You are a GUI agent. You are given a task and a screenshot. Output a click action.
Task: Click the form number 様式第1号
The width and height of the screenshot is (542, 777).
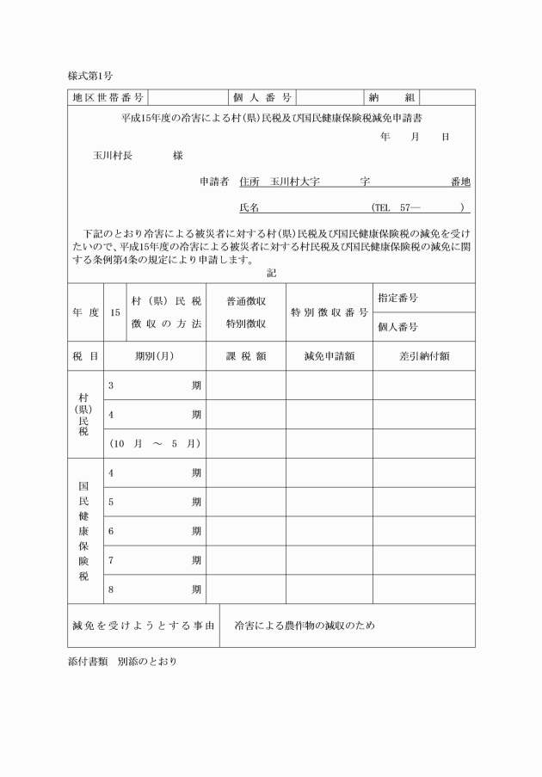click(x=89, y=77)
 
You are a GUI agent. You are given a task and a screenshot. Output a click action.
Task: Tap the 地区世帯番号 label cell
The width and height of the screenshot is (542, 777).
click(x=108, y=98)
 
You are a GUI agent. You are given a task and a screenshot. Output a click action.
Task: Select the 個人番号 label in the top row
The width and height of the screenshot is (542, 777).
click(x=262, y=98)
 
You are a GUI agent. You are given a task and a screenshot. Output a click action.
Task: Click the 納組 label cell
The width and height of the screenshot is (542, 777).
click(x=392, y=98)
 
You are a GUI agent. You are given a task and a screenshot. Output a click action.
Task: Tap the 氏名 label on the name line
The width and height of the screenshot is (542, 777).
click(x=249, y=207)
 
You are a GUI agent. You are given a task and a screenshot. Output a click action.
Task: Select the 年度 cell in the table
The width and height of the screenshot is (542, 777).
click(x=86, y=312)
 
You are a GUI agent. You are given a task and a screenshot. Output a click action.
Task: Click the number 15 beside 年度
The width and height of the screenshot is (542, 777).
click(x=115, y=312)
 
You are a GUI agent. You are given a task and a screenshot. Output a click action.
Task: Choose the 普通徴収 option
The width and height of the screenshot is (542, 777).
click(x=245, y=301)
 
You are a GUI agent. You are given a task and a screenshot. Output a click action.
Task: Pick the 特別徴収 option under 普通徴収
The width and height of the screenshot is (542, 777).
click(x=245, y=324)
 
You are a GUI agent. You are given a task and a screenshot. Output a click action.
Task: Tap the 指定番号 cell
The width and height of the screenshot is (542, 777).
click(x=397, y=298)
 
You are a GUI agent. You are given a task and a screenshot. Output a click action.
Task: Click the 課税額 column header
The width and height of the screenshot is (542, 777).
click(x=245, y=355)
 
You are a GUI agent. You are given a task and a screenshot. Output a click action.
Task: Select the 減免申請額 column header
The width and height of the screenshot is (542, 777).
click(x=329, y=355)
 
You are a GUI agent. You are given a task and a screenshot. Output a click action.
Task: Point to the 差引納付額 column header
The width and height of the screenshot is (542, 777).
click(x=423, y=355)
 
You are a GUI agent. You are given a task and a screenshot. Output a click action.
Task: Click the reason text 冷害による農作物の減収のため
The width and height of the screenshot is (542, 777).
click(x=305, y=626)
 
